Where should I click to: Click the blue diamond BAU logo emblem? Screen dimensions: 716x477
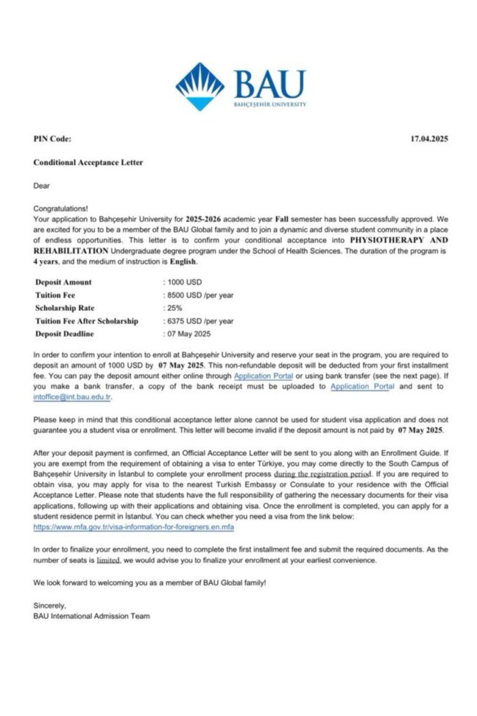click(x=200, y=86)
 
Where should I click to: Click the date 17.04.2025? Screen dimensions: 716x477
click(x=429, y=139)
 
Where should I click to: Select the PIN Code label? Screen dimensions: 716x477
click(x=52, y=139)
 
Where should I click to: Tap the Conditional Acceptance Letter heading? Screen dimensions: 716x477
click(x=88, y=162)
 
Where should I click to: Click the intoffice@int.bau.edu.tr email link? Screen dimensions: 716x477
click(x=73, y=396)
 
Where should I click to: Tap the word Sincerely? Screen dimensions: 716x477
click(x=49, y=606)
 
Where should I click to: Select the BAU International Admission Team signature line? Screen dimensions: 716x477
click(x=92, y=616)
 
